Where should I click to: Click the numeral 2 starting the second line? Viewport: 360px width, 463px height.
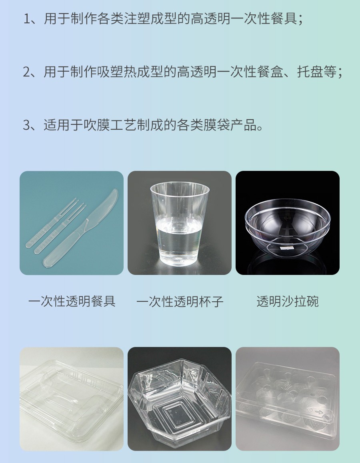27,72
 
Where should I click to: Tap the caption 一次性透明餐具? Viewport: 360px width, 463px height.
72,301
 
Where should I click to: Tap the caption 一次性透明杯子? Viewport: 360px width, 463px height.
180,301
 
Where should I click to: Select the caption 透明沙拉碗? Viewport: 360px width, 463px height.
288,301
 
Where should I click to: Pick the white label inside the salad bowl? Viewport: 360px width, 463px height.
287,248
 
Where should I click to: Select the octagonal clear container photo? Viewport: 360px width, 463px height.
180,398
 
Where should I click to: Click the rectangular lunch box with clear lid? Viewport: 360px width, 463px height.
72,398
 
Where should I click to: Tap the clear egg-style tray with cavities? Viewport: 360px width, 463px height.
288,398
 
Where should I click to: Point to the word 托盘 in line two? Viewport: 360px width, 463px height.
308,72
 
